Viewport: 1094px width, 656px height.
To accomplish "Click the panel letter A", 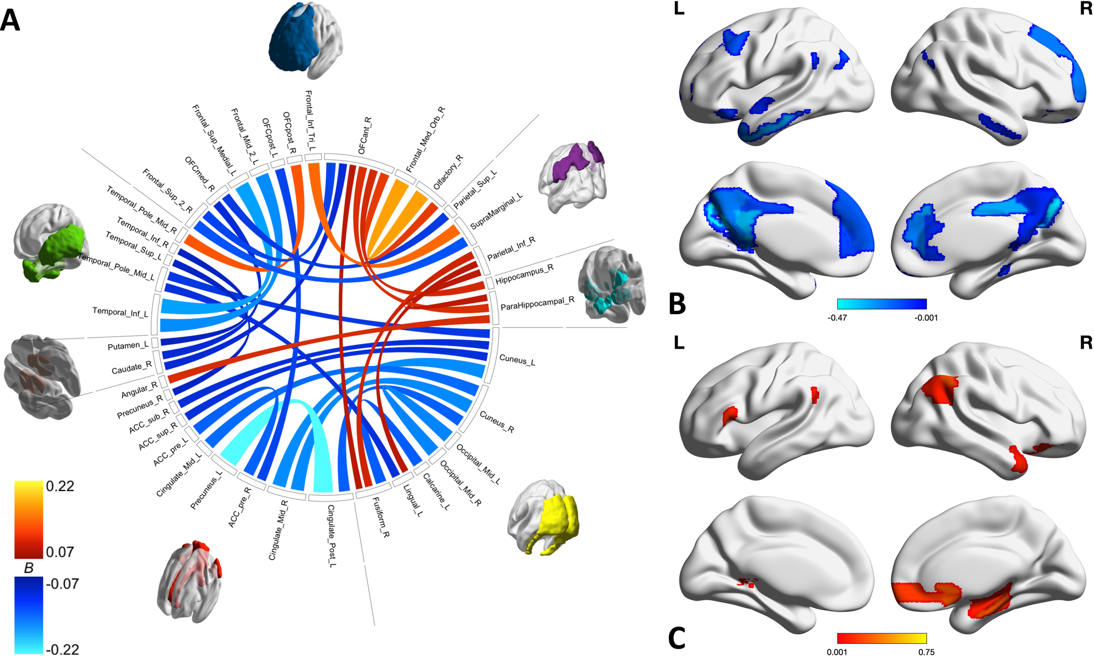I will tap(10, 21).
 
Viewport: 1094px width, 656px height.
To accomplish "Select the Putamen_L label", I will tap(128, 346).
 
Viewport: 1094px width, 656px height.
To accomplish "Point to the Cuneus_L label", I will tap(517, 360).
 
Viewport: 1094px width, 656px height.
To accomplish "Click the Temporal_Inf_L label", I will tap(120, 312).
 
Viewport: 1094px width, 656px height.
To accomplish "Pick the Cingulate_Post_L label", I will tap(331, 536).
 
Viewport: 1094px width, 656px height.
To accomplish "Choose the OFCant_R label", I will tap(365, 136).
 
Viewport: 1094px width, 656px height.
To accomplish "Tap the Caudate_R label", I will tap(131, 368).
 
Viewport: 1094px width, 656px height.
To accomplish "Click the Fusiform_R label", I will tap(381, 517).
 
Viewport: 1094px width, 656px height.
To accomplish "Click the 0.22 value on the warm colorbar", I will tap(60, 486).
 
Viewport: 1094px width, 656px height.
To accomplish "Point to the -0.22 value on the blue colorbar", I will tap(62, 649).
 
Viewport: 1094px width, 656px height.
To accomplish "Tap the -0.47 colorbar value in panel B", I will tap(838, 318).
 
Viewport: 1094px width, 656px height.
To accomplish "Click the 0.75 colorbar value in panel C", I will tap(926, 652).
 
